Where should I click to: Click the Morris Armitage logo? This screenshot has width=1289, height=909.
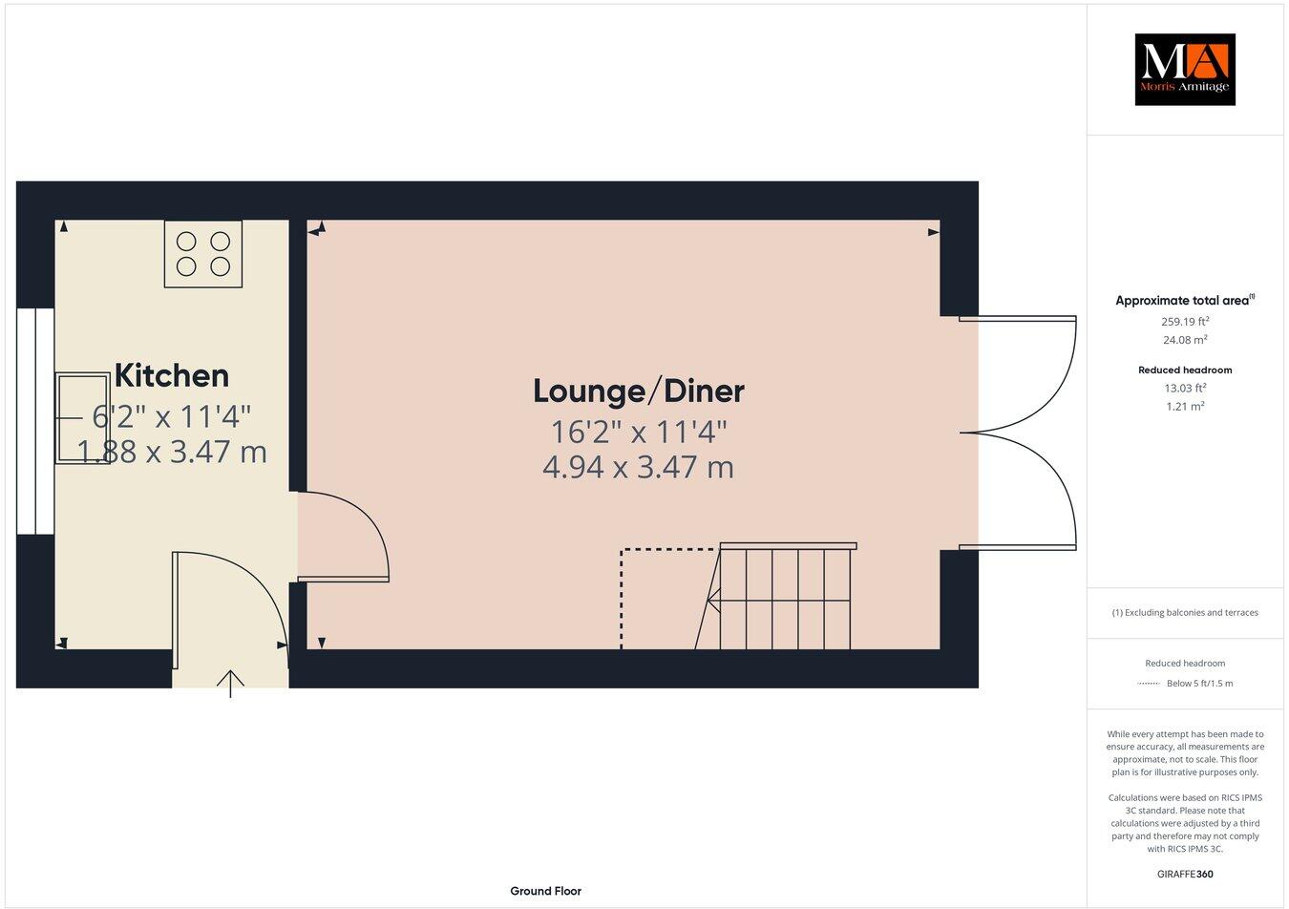click(x=1184, y=69)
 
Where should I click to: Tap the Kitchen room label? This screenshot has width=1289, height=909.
click(x=172, y=375)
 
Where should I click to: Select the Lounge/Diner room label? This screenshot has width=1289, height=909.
click(x=638, y=391)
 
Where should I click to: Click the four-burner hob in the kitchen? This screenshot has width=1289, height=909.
click(x=203, y=253)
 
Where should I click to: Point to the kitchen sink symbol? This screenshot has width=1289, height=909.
click(x=83, y=417)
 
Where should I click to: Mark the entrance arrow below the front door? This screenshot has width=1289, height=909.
click(x=230, y=683)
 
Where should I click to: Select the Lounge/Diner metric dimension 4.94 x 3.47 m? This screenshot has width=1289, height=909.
click(x=638, y=468)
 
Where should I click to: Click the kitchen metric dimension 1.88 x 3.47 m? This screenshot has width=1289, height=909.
click(x=172, y=451)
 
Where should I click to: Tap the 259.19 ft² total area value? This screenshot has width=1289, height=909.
click(x=1185, y=322)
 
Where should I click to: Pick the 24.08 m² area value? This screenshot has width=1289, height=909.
click(x=1185, y=340)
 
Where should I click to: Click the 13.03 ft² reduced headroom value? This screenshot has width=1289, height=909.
click(x=1185, y=388)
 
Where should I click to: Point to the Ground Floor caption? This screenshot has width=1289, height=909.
click(x=545, y=891)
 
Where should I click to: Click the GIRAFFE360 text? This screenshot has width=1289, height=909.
click(x=1185, y=874)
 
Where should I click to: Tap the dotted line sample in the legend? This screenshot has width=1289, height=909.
click(x=1148, y=684)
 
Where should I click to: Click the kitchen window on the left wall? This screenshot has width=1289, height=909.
click(x=35, y=421)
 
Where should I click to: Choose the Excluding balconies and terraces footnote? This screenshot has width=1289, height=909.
click(x=1185, y=613)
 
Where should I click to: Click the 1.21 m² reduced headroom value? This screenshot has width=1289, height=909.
click(x=1185, y=406)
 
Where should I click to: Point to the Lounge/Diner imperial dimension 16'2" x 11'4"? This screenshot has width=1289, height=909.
click(x=638, y=432)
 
